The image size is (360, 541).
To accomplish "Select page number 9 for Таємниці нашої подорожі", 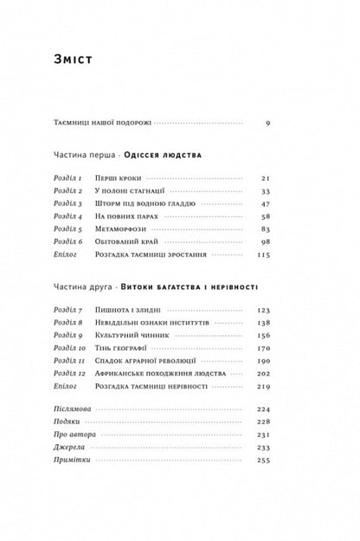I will (268, 123).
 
